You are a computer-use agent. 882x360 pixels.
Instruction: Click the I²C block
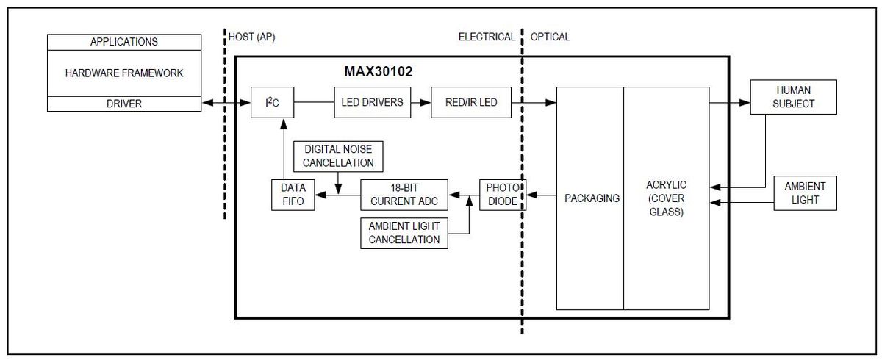coord(272,102)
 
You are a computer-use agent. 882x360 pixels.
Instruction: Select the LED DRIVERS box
coord(372,102)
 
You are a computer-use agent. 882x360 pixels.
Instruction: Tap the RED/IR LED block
coord(471,102)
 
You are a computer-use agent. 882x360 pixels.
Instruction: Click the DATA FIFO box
coord(293,195)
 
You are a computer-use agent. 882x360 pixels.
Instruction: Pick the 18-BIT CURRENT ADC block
coord(404,195)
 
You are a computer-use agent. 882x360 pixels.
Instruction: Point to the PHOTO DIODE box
coord(503,195)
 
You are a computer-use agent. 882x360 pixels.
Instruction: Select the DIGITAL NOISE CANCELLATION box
coord(338,156)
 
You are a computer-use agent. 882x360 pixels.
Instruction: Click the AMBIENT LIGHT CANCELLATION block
coord(404,233)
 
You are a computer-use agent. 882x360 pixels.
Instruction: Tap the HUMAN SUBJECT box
coord(793,97)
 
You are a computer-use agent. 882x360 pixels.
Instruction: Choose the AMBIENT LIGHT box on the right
coord(806,193)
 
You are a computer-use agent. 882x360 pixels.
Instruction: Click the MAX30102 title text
coord(379,71)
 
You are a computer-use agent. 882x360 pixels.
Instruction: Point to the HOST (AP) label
coord(252,37)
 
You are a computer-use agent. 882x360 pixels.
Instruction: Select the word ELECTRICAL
coord(487,37)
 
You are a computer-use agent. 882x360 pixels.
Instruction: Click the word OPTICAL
coord(550,37)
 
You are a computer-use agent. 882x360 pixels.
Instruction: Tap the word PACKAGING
coord(592,198)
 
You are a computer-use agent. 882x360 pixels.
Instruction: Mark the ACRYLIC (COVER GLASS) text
coord(666,198)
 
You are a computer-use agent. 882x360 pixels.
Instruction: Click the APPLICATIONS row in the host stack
coord(124,42)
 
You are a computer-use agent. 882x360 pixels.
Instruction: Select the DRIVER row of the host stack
coord(124,104)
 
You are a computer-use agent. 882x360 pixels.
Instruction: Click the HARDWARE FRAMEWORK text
coord(124,73)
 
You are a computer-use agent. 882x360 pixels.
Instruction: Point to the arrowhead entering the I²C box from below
coord(284,124)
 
